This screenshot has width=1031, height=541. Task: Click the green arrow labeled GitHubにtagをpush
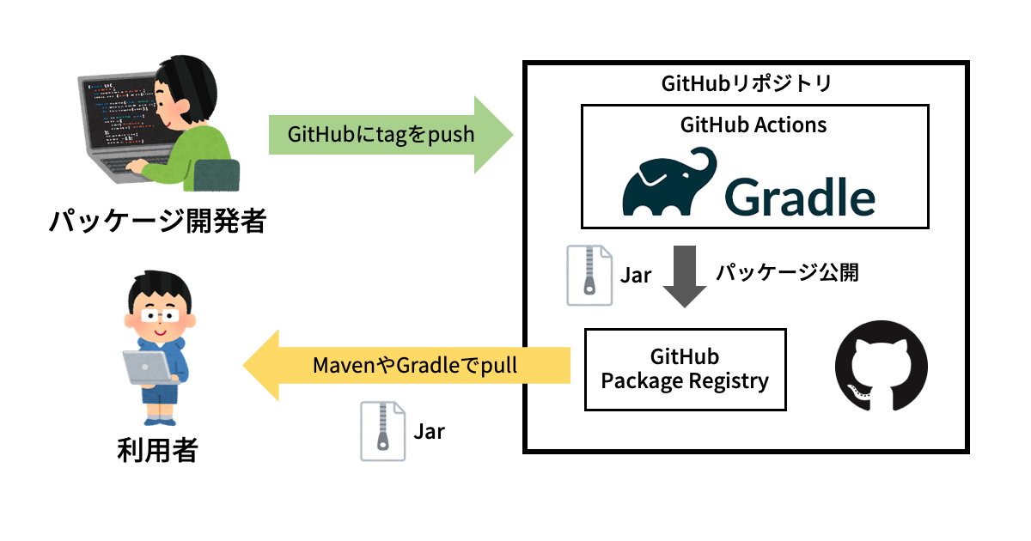(x=387, y=135)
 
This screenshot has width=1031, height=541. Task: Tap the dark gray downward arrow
(x=684, y=276)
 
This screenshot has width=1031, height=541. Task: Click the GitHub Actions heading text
(x=753, y=125)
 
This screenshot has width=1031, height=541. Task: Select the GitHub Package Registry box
(x=684, y=368)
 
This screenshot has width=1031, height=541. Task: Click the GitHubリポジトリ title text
(x=746, y=83)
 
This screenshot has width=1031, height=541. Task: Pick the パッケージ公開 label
(x=787, y=273)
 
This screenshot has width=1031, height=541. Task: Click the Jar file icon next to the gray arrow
(x=589, y=275)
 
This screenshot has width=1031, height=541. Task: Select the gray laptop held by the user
(x=145, y=368)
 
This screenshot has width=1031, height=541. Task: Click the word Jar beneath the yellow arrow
(x=429, y=430)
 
